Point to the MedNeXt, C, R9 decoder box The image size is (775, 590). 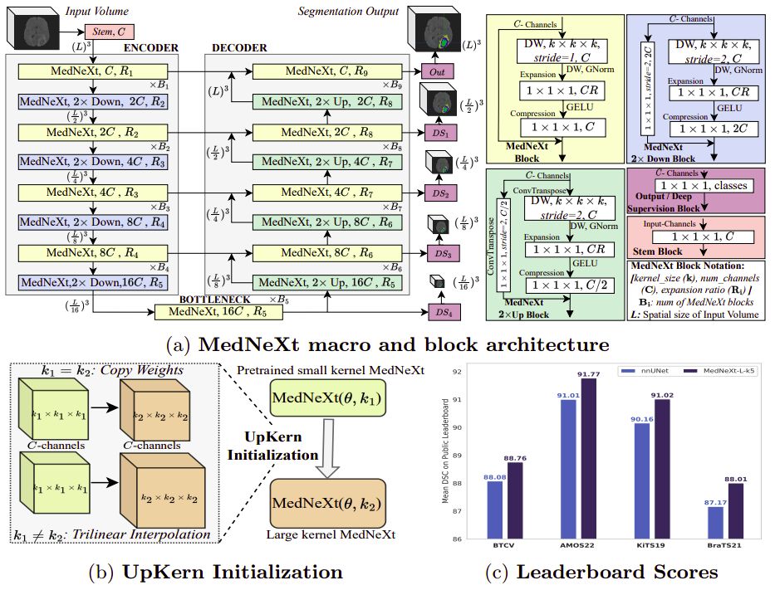tap(319, 72)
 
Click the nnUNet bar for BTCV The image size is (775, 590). tap(495, 510)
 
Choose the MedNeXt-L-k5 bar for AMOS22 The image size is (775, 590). tap(589, 457)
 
